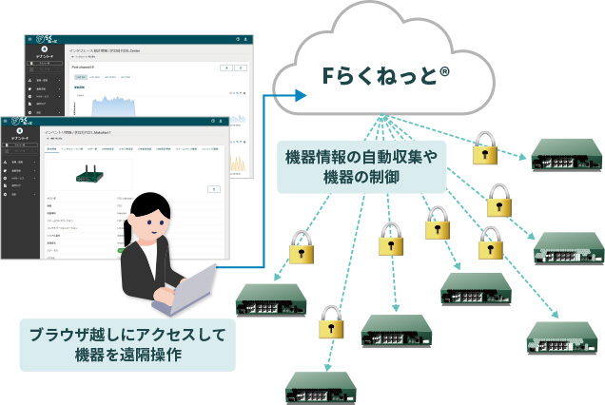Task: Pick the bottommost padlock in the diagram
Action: (x=329, y=320)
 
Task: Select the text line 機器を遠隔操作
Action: (x=127, y=356)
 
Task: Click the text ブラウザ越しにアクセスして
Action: (x=127, y=334)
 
